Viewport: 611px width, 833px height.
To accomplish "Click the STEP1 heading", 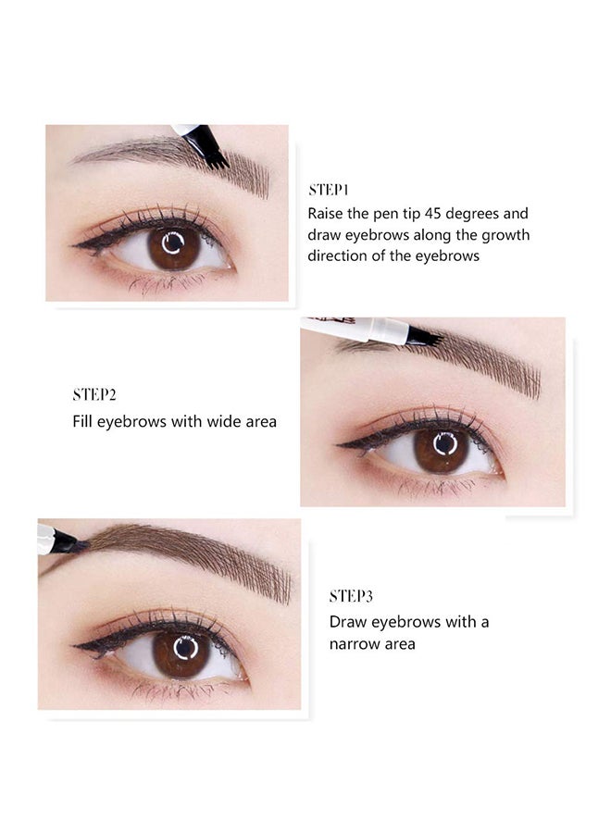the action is tap(329, 190).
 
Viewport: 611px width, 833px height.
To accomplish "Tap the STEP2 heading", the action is tap(94, 394).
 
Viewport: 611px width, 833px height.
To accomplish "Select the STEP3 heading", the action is tap(351, 596).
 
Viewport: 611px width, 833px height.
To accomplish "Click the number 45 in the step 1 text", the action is tap(433, 214).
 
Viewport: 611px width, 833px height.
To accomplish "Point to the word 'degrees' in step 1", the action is tap(472, 215).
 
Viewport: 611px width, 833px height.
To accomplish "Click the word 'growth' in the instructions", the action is tap(505, 235).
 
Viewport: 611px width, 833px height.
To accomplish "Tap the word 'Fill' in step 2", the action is tap(82, 421).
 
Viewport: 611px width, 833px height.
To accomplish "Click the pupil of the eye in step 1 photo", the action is tap(174, 243).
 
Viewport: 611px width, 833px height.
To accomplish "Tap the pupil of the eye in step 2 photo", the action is tap(444, 444).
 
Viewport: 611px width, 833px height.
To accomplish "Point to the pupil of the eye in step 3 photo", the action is tap(185, 649).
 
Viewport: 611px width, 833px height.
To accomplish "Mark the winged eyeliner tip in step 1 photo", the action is tap(73, 245).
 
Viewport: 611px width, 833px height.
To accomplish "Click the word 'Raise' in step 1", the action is tap(325, 214).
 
